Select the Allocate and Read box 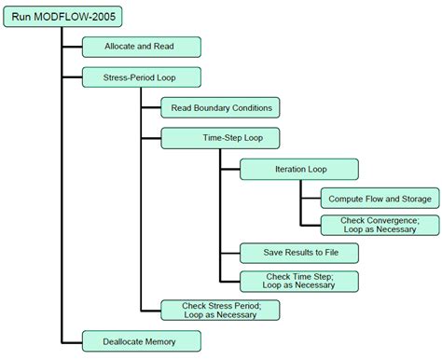pyautogui.click(x=141, y=46)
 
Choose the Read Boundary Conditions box pyautogui.click(x=220, y=107)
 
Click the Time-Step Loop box pyautogui.click(x=220, y=138)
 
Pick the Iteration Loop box pyautogui.click(x=298, y=169)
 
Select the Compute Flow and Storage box pyautogui.click(x=377, y=200)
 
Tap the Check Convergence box pyautogui.click(x=377, y=224)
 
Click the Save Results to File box pyautogui.click(x=298, y=253)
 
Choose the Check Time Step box pyautogui.click(x=298, y=280)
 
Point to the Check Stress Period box pyautogui.click(x=220, y=310)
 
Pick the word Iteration pyautogui.click(x=288, y=169)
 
